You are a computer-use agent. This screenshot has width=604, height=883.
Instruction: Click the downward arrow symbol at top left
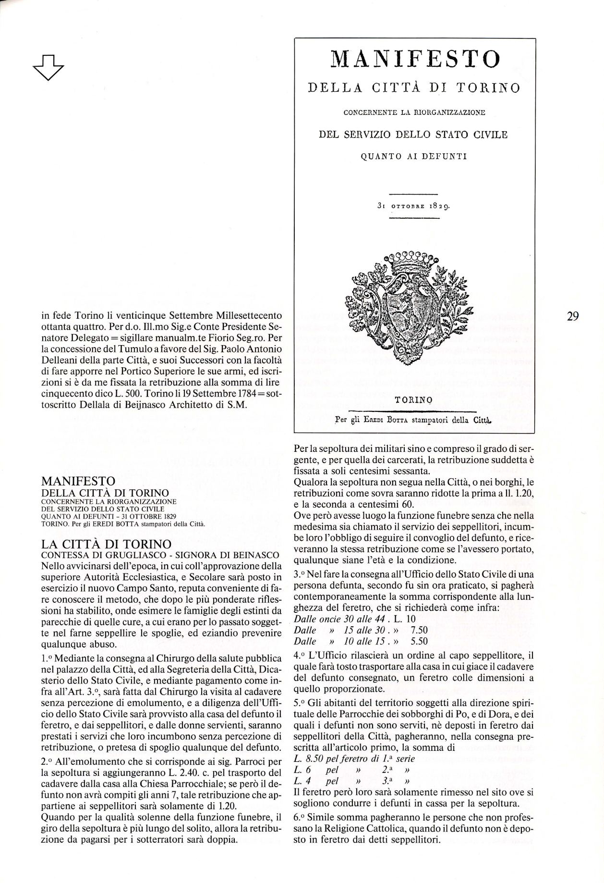pos(49,67)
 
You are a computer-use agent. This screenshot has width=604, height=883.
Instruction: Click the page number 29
pos(572,316)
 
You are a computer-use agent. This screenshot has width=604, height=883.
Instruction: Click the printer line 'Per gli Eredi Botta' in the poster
pos(414,419)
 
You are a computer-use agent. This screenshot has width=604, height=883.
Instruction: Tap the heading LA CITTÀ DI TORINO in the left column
pos(107,544)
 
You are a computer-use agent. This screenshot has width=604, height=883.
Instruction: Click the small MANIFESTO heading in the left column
pos(79,481)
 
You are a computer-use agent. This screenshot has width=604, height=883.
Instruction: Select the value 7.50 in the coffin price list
pos(419,630)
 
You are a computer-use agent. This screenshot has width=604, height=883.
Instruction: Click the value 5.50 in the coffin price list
pos(419,641)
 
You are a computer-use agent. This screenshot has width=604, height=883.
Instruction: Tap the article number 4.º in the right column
pos(299,655)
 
